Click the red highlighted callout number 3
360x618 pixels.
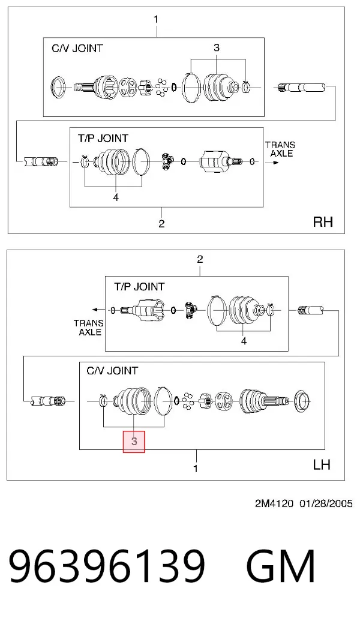134,441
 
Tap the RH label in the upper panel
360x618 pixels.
323,221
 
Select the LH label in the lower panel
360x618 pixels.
322,464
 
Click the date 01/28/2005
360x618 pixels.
326,504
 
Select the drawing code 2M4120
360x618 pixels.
274,504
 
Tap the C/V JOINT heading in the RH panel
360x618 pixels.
77,49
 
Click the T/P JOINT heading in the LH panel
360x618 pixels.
139,287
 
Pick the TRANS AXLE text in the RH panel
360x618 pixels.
280,149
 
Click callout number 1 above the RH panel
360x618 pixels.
156,19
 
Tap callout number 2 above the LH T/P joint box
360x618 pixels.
200,259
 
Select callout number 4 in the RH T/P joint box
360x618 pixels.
116,197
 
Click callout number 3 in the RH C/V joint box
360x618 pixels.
217,47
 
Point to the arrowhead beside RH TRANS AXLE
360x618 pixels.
277,162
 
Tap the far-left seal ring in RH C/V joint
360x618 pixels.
59,87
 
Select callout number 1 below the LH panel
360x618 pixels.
196,469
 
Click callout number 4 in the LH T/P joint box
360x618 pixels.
244,341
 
